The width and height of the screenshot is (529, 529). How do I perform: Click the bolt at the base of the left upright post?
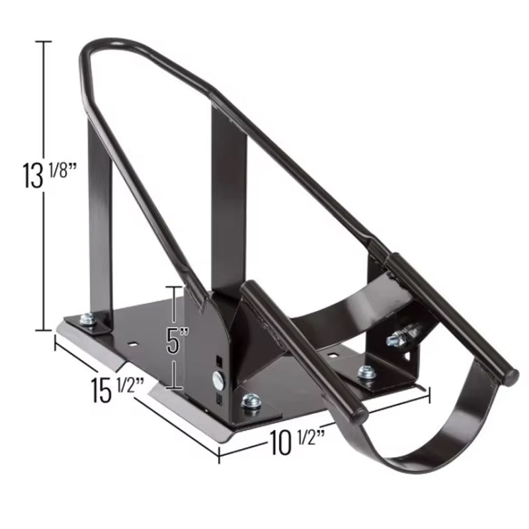(87, 320)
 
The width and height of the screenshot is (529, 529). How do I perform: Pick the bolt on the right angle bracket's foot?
(366, 372)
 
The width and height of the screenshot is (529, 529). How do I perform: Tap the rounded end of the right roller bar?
(509, 378)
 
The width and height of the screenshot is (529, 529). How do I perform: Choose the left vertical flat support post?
(99, 218)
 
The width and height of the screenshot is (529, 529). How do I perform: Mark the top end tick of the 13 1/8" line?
(44, 42)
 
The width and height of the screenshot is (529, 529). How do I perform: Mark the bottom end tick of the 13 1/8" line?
(44, 329)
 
